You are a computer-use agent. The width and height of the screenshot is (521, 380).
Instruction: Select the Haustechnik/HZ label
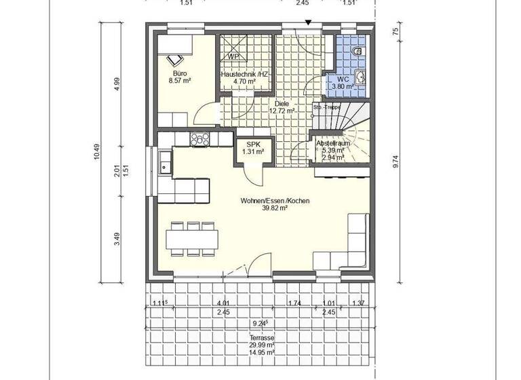244,74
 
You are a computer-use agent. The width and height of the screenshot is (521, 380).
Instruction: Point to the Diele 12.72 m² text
282,107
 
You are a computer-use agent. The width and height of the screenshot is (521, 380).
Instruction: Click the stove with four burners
200,140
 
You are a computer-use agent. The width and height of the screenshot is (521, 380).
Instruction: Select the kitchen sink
165,162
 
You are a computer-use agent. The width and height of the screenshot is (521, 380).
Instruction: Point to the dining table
192,239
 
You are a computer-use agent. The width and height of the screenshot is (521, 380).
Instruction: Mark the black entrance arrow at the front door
308,23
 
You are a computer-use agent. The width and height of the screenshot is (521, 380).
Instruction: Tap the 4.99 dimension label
117,83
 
